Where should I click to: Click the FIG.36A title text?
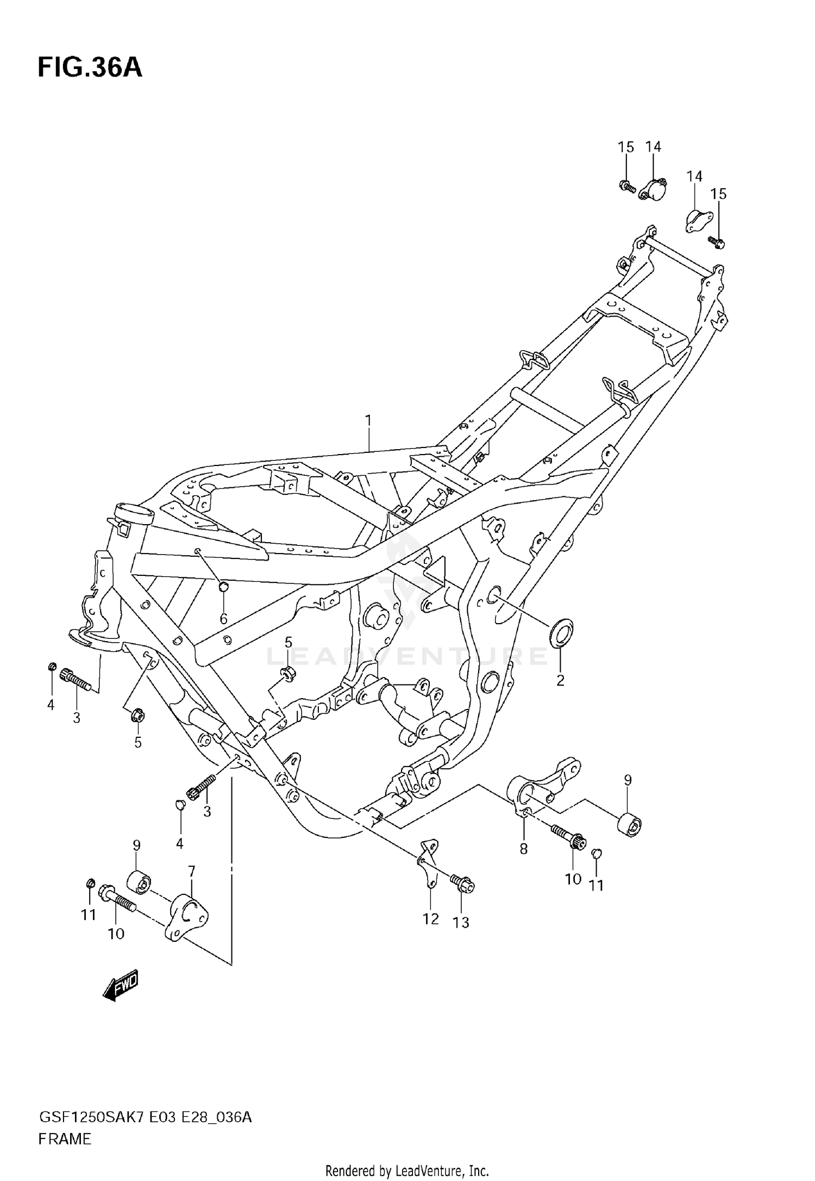pos(90,69)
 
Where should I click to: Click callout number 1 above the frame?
pos(368,420)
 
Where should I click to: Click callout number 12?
pos(430,919)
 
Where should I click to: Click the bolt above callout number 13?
pos(462,884)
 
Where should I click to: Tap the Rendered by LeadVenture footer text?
pos(407,1171)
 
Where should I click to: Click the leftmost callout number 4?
pos(51,705)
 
